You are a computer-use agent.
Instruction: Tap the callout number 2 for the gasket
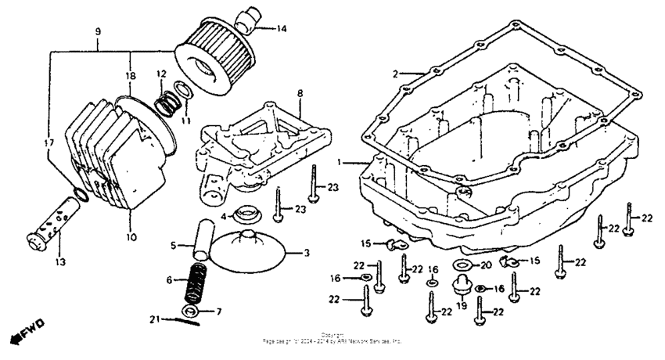tap(396, 74)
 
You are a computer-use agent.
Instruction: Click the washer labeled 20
tap(462, 265)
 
